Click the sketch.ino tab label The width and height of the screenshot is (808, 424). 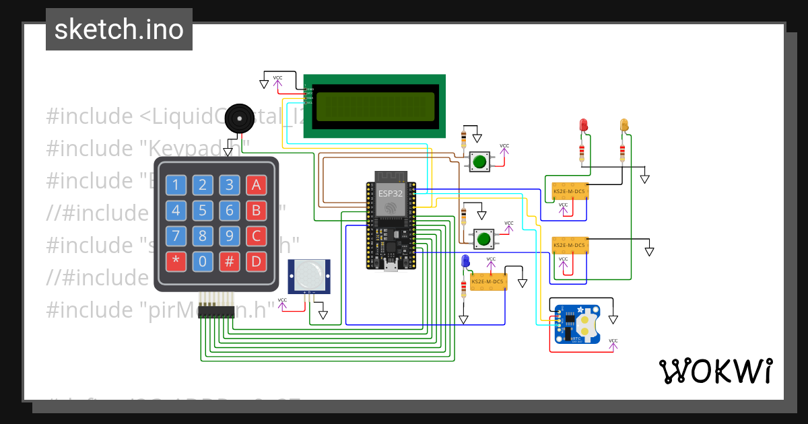coord(119,30)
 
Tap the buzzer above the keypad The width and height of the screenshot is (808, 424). coord(238,118)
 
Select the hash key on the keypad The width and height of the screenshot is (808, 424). coord(230,260)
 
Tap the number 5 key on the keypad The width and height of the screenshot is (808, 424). coord(203,211)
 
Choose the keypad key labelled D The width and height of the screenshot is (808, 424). coord(255,260)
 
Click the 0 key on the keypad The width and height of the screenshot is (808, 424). coord(203,260)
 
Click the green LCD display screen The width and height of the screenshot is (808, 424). coord(375,105)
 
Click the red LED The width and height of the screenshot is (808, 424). coord(583,125)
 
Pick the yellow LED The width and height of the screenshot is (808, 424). coord(624,125)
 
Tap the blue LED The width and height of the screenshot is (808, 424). coord(464,262)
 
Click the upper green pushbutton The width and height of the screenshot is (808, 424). coord(479,162)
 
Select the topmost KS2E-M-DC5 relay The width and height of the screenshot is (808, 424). coord(569,192)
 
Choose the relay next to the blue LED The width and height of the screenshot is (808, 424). coord(488,281)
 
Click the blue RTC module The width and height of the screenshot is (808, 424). coord(580,324)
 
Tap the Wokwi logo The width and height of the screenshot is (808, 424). coord(715,371)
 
